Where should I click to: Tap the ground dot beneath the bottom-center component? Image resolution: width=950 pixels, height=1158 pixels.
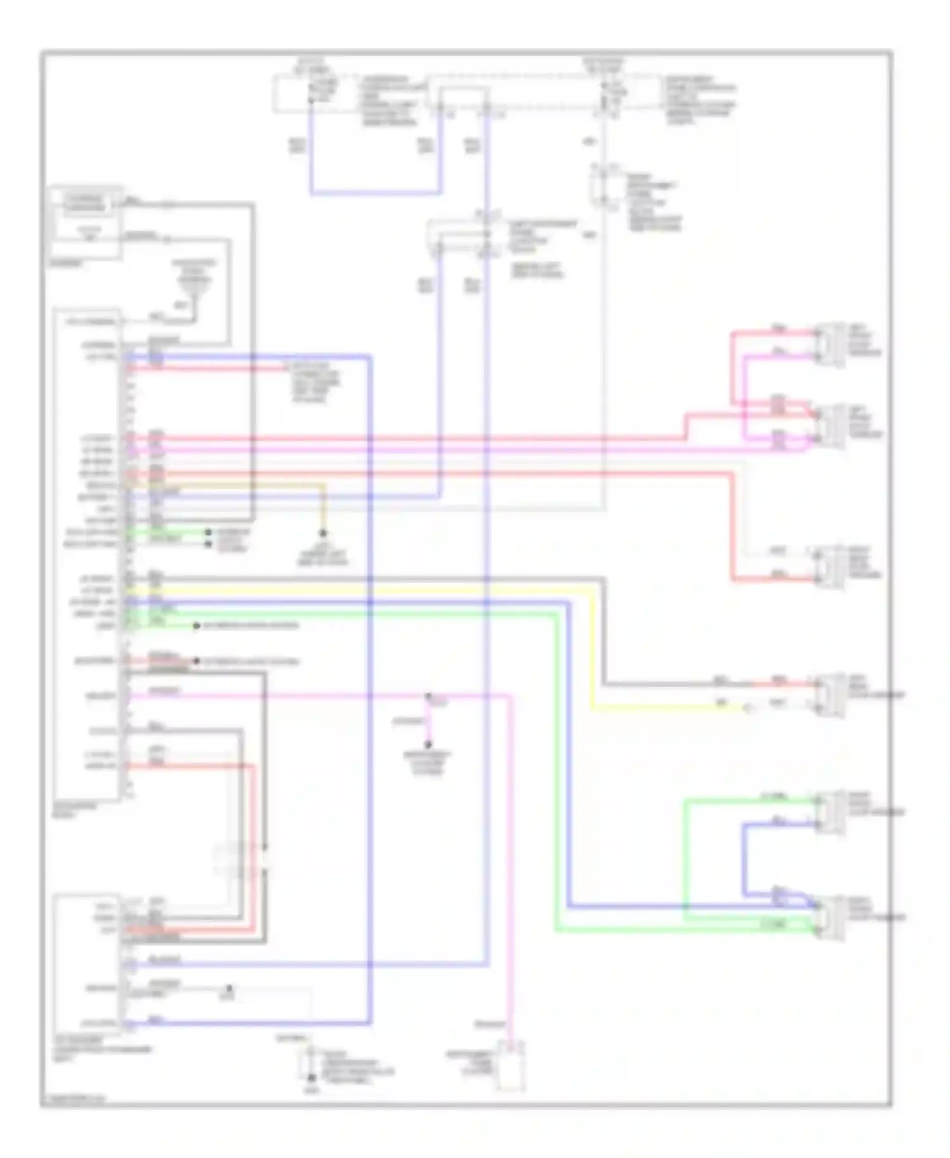[x=310, y=1078]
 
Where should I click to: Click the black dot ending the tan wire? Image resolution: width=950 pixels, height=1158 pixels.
[x=322, y=533]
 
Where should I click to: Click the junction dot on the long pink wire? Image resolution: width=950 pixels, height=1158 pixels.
[x=428, y=696]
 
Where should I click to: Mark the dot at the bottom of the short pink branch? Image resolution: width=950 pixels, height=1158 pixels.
[x=428, y=745]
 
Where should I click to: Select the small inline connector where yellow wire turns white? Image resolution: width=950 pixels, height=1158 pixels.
[x=749, y=708]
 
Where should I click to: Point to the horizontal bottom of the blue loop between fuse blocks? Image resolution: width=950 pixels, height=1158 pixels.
[x=375, y=193]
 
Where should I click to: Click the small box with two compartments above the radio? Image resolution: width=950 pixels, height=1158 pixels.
[x=85, y=222]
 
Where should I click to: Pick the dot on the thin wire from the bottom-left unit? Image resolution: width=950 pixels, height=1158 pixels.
[x=229, y=988]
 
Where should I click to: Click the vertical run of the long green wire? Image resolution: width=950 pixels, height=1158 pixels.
[x=557, y=773]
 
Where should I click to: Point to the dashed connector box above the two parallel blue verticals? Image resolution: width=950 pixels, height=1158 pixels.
[x=462, y=238]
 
